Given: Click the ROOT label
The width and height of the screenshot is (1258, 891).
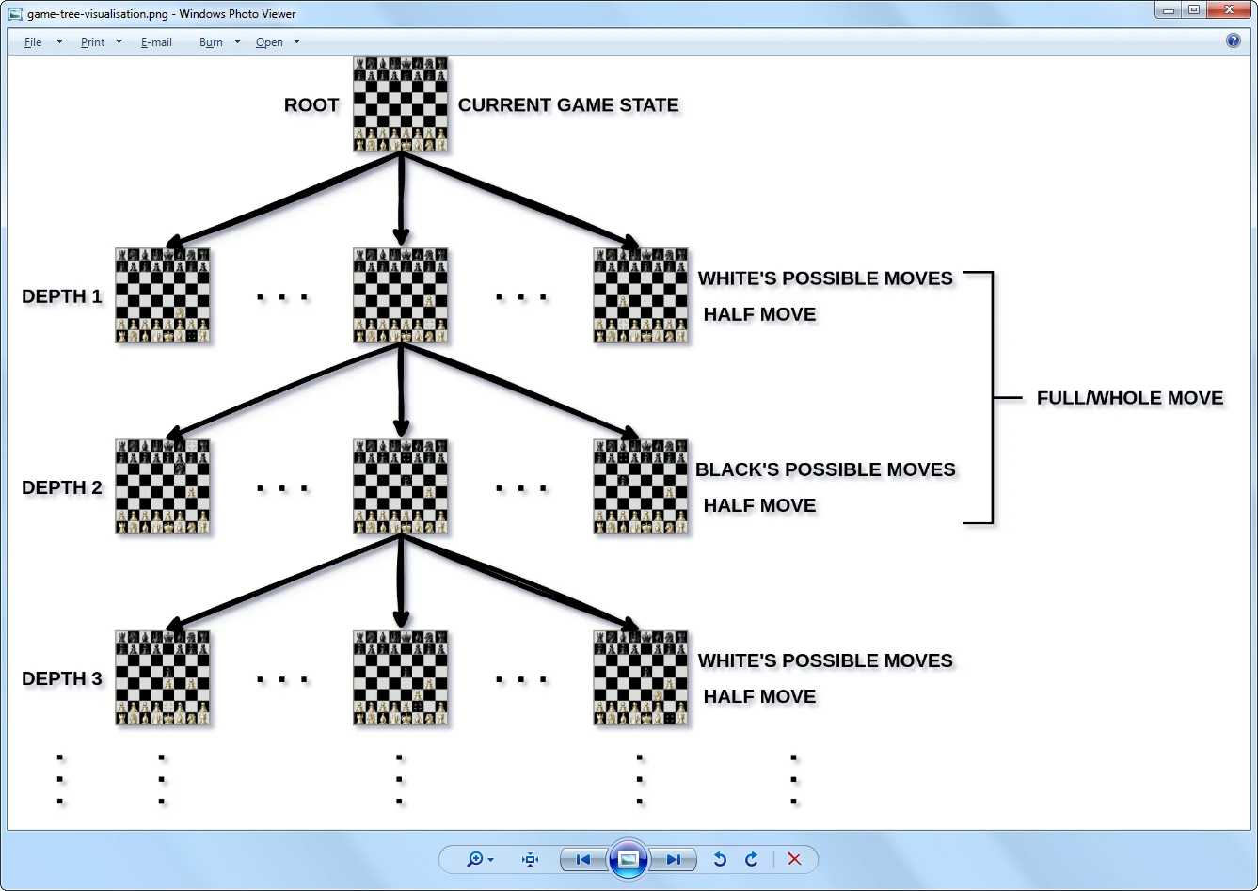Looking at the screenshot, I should (x=311, y=105).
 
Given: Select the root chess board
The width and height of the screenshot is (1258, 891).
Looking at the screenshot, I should (x=401, y=104).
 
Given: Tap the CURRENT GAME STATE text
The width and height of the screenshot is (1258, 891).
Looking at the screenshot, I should (x=568, y=105).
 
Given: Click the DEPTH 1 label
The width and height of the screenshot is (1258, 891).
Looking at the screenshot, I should (x=62, y=296).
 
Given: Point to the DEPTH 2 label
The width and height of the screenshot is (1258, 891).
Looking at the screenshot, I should (x=62, y=487).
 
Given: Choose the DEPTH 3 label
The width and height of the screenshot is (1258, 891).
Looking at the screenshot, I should (x=62, y=678).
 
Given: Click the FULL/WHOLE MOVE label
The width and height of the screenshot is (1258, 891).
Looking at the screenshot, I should (x=1130, y=398).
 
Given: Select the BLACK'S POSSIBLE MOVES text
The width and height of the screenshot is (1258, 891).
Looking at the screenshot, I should (x=825, y=469).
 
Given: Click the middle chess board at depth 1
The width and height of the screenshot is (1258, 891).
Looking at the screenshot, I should (x=401, y=295).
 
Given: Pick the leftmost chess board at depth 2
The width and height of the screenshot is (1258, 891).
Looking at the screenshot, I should (x=163, y=486).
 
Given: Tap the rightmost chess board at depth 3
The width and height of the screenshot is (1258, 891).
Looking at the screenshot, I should (x=641, y=677).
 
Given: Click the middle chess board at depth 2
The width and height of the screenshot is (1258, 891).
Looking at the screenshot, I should (x=401, y=486).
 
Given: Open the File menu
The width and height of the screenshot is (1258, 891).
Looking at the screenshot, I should (x=34, y=42).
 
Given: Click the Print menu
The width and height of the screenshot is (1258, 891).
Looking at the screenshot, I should (x=93, y=42).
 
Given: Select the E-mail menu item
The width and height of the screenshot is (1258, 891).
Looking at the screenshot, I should (x=156, y=42).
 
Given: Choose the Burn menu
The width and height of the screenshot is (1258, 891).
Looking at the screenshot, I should (x=212, y=42).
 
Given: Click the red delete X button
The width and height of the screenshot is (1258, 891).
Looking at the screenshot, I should (x=794, y=859).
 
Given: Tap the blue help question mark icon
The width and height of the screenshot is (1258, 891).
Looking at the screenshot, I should (x=1234, y=40).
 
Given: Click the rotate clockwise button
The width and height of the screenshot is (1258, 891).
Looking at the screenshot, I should (x=751, y=859).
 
